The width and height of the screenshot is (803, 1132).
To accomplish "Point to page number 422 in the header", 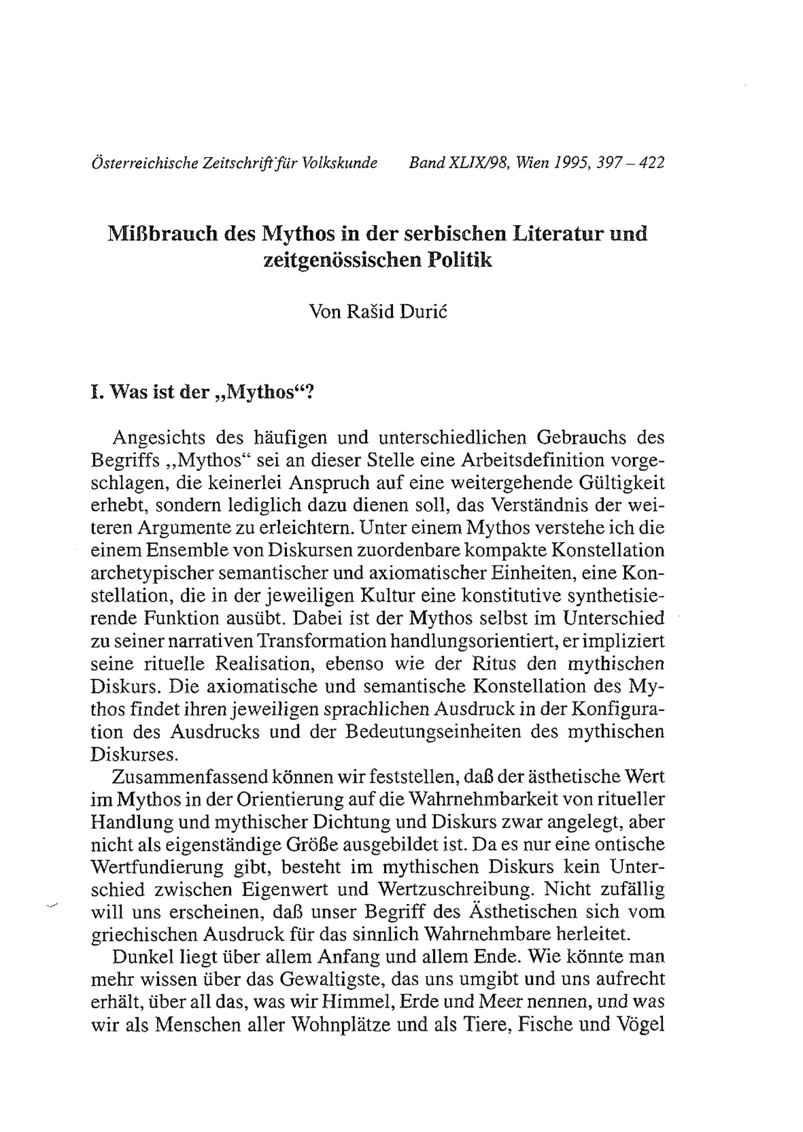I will (651, 163).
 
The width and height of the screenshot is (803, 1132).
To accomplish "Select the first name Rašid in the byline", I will (369, 312).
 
